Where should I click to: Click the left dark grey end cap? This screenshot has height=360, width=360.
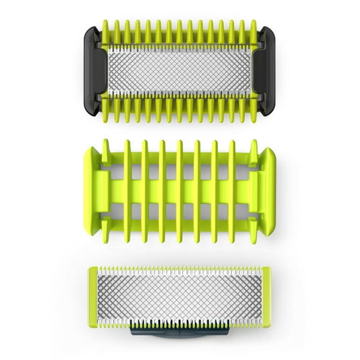coord(92,71)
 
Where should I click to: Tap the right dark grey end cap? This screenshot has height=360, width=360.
coord(268,71)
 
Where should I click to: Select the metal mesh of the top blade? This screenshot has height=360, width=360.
coord(180,70)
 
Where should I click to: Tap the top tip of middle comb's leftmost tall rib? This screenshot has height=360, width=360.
coord(128,144)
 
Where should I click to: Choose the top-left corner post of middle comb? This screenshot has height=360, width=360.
coord(106,147)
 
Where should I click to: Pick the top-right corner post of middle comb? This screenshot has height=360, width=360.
coord(254,147)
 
